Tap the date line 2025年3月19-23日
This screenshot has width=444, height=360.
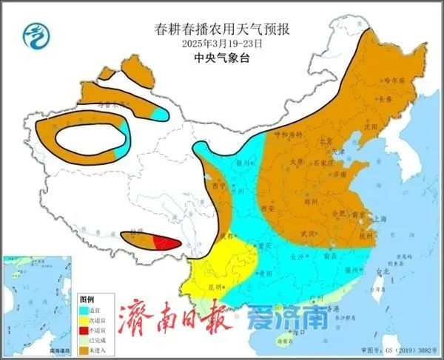tap(221, 44)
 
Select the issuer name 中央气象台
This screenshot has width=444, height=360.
tap(221, 57)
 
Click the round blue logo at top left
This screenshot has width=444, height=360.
tap(34, 35)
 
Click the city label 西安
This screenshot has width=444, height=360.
tap(267, 210)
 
